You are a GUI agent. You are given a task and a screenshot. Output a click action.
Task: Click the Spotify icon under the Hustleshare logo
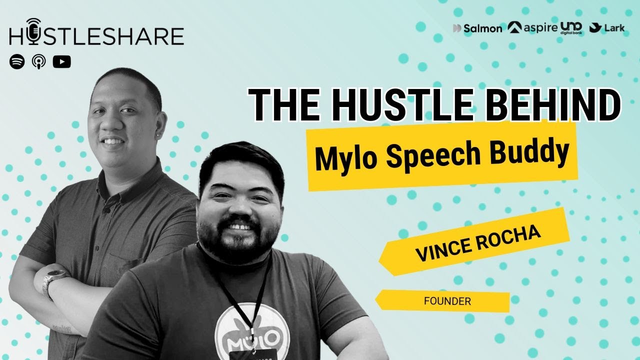pyautogui.click(x=17, y=61)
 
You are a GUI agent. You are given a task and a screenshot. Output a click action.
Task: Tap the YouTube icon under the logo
pyautogui.click(x=61, y=61)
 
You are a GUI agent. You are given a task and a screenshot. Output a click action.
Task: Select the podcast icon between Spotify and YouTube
pyautogui.click(x=39, y=61)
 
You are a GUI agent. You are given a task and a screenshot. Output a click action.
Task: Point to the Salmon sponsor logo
pyautogui.click(x=477, y=28)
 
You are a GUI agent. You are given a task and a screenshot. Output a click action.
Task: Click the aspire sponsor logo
pyautogui.click(x=532, y=27)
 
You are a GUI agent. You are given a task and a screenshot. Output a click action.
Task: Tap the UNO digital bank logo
pyautogui.click(x=571, y=27)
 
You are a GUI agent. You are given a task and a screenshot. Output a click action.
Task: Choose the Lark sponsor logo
pyautogui.click(x=607, y=28)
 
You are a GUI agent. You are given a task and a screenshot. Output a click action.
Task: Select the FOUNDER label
pyautogui.click(x=447, y=301)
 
